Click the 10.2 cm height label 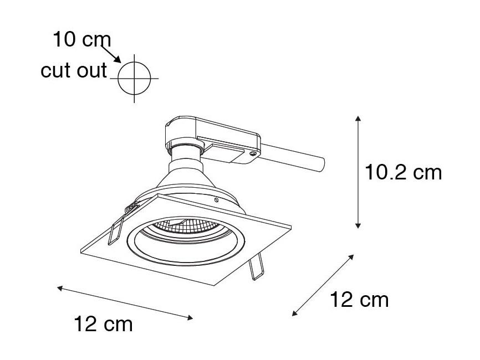[403, 172]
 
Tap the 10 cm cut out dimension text [81, 39]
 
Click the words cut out [74, 70]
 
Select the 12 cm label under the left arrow [104, 324]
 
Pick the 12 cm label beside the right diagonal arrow [359, 300]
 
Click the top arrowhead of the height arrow [358, 119]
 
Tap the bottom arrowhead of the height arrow [358, 225]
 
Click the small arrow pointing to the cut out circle [111, 54]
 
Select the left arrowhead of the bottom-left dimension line [60, 288]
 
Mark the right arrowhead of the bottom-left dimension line [190, 318]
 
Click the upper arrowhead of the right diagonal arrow [351, 257]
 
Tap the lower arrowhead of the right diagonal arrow [294, 313]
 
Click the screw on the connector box [253, 154]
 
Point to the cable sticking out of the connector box [292, 158]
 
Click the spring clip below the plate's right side [256, 266]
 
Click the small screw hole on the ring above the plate [216, 200]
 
